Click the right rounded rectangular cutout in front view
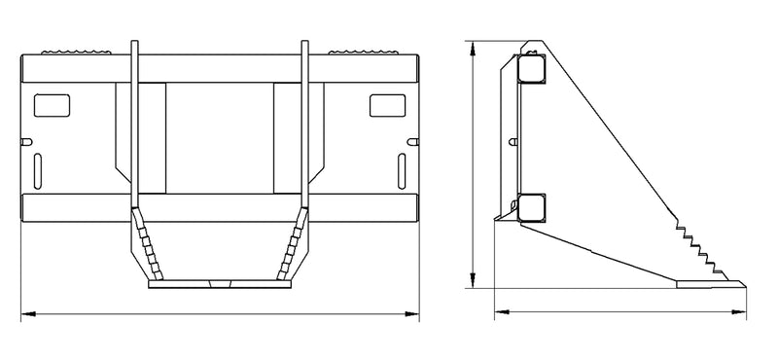(387, 104)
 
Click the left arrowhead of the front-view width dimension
(25, 313)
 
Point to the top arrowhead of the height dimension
(473, 45)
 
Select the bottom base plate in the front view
(219, 286)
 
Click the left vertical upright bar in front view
(137, 126)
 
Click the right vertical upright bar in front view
(304, 126)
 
